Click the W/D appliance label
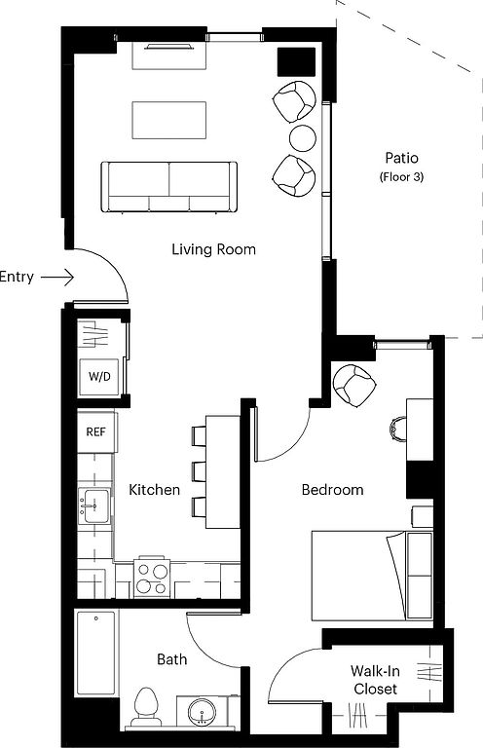[99, 376]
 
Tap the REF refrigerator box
[96, 432]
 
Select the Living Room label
[213, 249]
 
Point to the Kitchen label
[155, 490]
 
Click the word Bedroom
[332, 490]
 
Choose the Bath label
[171, 659]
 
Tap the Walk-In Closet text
[375, 680]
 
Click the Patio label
[401, 158]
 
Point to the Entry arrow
[57, 277]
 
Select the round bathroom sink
[204, 712]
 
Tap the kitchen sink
[94, 505]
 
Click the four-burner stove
[152, 578]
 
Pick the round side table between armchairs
[302, 137]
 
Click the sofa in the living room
[169, 187]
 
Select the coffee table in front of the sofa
[169, 120]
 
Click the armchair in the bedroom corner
[354, 386]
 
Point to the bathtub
[96, 654]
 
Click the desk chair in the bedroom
[398, 428]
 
